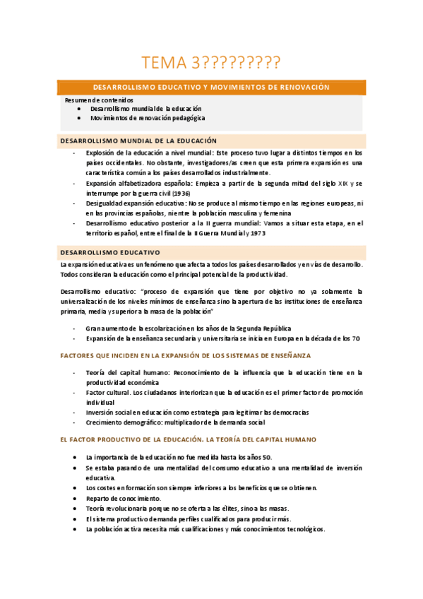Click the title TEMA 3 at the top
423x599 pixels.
tap(210, 64)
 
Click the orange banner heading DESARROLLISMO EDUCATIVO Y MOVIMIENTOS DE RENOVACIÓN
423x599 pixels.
tap(211, 87)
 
